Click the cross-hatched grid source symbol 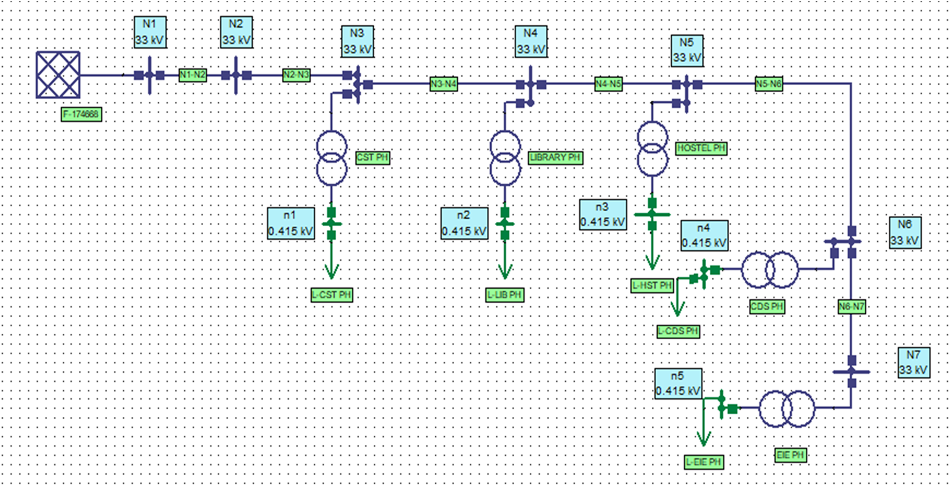pyautogui.click(x=58, y=75)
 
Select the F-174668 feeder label pyautogui.click(x=81, y=114)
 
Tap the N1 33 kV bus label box pyautogui.click(x=150, y=32)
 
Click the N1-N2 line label pyautogui.click(x=192, y=75)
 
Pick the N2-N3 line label pyautogui.click(x=296, y=75)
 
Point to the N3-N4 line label pyautogui.click(x=443, y=84)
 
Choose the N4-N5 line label pyautogui.click(x=608, y=84)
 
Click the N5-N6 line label pyautogui.click(x=768, y=84)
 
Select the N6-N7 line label pyautogui.click(x=851, y=307)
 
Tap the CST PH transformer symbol pyautogui.click(x=331, y=158)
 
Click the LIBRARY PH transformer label pyautogui.click(x=555, y=158)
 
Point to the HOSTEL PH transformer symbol pyautogui.click(x=652, y=148)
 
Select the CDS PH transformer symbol pyautogui.click(x=770, y=270)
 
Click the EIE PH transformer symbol pyautogui.click(x=787, y=409)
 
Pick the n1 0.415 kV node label pyautogui.click(x=291, y=223)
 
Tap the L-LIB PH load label pyautogui.click(x=504, y=295)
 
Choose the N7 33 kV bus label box pyautogui.click(x=914, y=363)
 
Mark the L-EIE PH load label pyautogui.click(x=704, y=462)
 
